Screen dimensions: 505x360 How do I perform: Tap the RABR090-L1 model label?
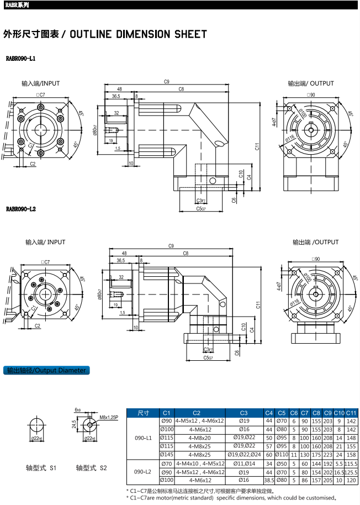(21, 58)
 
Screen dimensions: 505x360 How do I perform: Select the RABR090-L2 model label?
(21, 209)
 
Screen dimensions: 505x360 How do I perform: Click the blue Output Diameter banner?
(46, 370)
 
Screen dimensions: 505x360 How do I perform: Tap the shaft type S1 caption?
(41, 468)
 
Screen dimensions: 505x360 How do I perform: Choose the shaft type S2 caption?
(91, 468)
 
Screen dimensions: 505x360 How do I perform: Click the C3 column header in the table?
(244, 413)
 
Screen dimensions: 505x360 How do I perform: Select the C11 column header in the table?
(351, 413)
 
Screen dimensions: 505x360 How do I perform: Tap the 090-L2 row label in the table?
(143, 472)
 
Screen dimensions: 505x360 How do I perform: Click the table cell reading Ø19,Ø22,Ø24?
(244, 454)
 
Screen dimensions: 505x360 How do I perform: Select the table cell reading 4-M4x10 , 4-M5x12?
(200, 463)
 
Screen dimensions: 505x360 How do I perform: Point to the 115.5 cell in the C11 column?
(351, 463)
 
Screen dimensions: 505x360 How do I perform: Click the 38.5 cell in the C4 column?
(269, 481)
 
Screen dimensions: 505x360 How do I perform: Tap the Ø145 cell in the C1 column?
(167, 454)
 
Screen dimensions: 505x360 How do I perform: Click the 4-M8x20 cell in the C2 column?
(200, 436)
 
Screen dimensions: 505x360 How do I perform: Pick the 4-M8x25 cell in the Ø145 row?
(200, 454)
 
